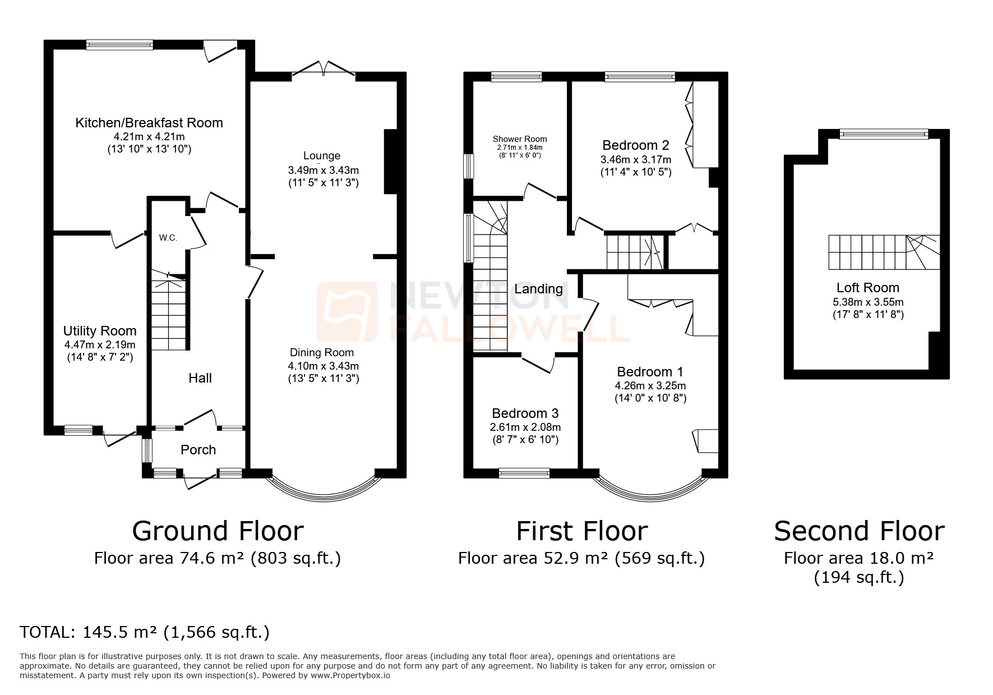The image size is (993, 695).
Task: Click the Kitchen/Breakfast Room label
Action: point(149,123)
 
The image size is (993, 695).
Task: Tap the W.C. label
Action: point(168,238)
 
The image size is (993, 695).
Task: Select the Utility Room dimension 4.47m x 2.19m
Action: point(100,344)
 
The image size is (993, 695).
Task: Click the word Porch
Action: point(198,450)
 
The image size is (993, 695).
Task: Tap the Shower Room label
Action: point(520,139)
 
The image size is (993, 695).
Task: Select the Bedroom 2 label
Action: point(635,145)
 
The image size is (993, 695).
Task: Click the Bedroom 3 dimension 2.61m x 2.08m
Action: point(525,427)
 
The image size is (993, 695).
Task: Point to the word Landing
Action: point(538,289)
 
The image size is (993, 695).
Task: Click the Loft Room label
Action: point(867,288)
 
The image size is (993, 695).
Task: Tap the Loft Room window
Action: point(884,134)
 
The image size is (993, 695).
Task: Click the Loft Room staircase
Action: point(884,252)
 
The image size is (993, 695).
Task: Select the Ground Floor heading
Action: point(218,531)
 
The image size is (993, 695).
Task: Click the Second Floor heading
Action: point(859,531)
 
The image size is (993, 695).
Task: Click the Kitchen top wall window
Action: point(119,45)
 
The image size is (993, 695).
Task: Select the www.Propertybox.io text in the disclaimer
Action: point(350,675)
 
